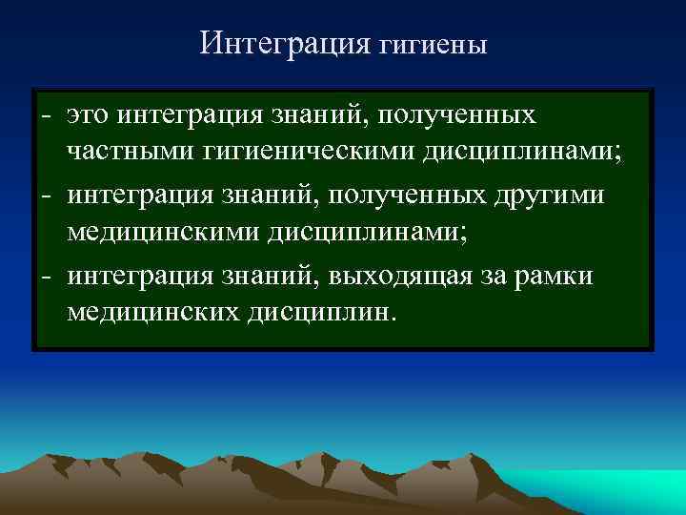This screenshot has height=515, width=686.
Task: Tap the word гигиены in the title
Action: [x=433, y=46]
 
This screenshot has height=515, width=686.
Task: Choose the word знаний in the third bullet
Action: [x=277, y=277]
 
